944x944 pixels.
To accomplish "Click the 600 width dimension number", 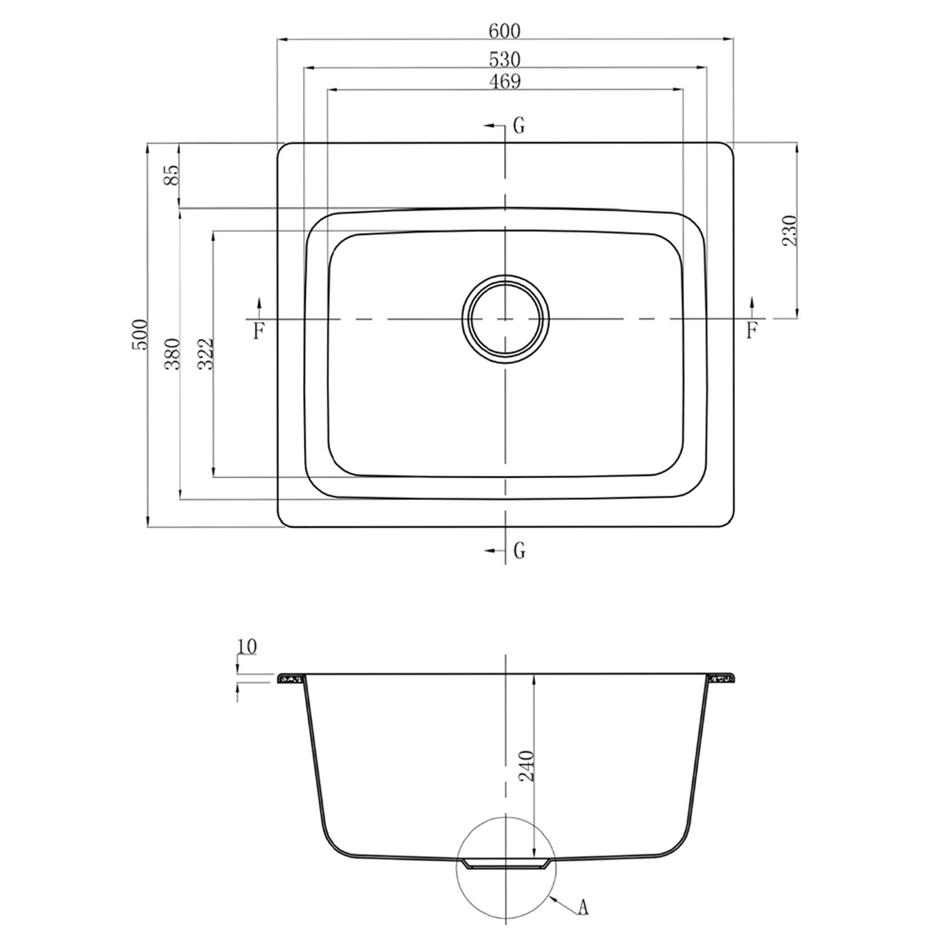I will (x=504, y=31).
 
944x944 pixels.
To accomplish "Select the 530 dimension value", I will (x=504, y=59).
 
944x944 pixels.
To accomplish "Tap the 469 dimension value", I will (x=504, y=82).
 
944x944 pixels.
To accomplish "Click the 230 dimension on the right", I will (x=790, y=230).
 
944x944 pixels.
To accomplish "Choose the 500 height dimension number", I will (x=140, y=335).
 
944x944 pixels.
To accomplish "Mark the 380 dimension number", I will (x=172, y=354).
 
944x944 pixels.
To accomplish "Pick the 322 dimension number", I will (x=206, y=354).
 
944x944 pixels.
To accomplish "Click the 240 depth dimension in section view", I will (x=526, y=765).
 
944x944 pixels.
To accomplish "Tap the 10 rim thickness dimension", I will (x=247, y=646).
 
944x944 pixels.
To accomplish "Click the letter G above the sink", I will (x=519, y=126).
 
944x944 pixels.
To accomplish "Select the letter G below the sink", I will (x=519, y=550).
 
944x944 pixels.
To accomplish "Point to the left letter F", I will (x=259, y=331).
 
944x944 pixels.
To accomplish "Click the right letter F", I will (x=751, y=331).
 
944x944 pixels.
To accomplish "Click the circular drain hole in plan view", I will (x=505, y=319).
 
